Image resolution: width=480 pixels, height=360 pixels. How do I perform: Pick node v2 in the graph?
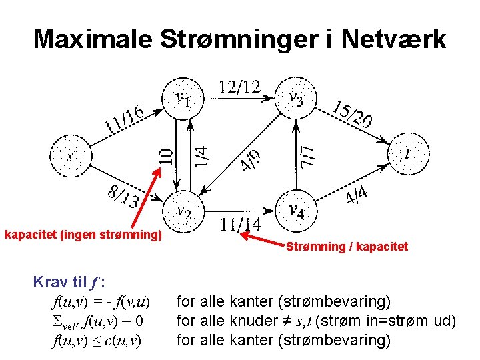tap(183, 211)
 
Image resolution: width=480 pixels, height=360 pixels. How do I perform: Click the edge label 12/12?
tap(239, 87)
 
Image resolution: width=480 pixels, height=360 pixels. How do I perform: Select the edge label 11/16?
tap(125, 116)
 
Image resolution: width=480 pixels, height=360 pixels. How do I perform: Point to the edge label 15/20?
tap(353, 114)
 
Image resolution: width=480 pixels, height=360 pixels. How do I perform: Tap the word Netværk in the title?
tap(393, 39)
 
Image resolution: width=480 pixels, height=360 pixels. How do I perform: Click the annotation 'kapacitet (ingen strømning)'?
tap(83, 235)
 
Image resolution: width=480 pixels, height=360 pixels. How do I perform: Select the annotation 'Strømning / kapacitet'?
tap(347, 247)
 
